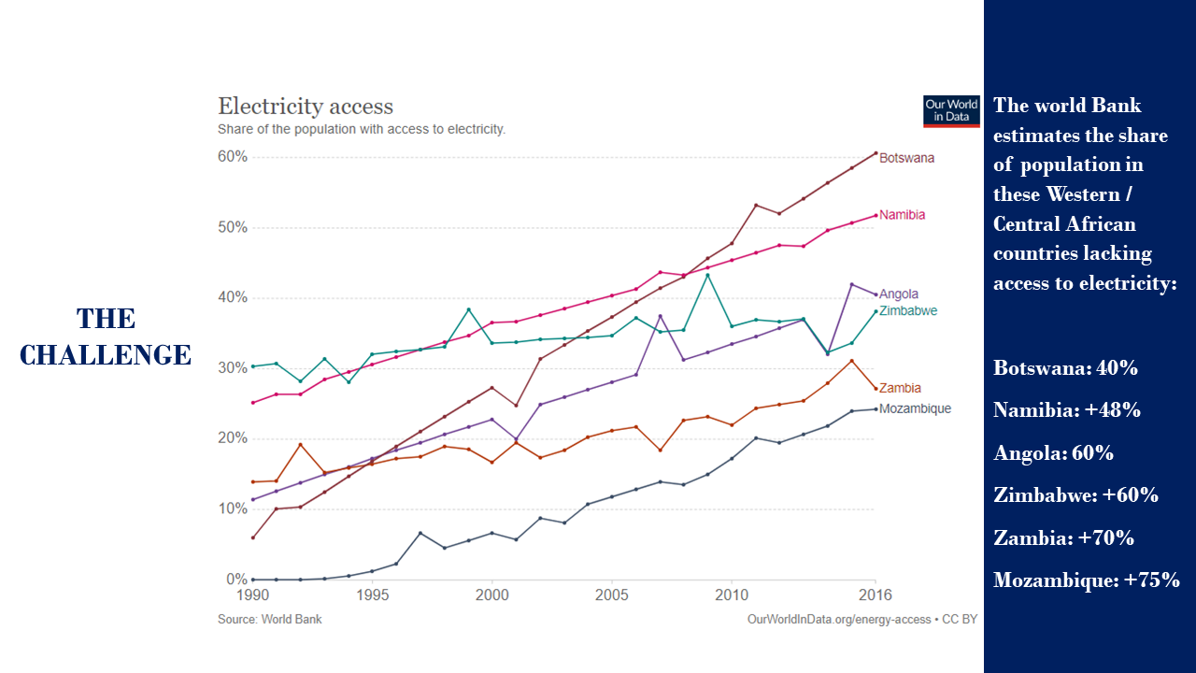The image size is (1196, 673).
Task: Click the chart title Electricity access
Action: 306,107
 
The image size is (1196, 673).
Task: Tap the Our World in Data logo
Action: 951,110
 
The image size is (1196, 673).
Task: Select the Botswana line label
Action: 906,158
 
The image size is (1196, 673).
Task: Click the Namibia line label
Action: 902,215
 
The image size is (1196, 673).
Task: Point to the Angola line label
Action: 899,294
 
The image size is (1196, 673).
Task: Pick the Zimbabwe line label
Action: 908,310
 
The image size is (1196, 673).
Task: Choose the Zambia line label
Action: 900,388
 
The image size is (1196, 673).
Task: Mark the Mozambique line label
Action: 915,408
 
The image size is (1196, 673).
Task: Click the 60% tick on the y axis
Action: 233,157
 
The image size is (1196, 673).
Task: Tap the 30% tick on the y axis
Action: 233,368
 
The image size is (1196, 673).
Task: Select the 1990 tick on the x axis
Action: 252,594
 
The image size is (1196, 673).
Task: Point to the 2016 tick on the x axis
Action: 876,594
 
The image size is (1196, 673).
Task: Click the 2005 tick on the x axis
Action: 611,594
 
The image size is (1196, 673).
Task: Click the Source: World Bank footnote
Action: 269,620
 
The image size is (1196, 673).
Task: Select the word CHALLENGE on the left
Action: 106,355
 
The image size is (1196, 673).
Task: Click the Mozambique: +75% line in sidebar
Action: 1086,580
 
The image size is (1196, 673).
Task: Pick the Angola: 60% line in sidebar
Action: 1053,453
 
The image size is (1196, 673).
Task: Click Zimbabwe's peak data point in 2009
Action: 707,275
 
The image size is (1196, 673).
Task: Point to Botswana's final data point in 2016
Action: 876,152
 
